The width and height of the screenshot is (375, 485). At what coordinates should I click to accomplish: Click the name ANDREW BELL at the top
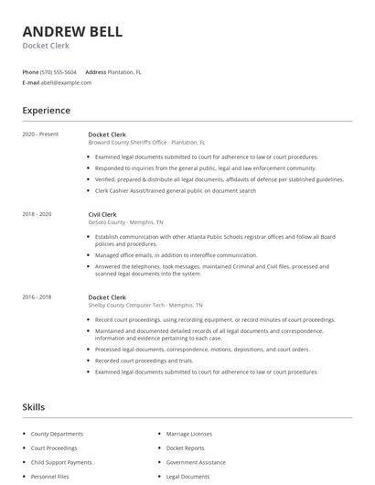pos(72,31)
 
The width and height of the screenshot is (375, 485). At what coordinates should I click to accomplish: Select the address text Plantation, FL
pos(124,71)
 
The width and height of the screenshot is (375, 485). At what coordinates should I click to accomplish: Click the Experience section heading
pos(46,111)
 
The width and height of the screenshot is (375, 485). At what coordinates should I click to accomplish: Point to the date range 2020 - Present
pos(40,135)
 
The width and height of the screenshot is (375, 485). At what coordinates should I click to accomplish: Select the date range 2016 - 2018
pos(37,297)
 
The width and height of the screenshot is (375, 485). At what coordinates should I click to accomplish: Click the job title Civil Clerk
pos(103,214)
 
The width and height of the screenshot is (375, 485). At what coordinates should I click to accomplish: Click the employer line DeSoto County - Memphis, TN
pos(126,222)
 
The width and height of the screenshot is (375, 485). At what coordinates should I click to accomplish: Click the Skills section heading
pos(34,406)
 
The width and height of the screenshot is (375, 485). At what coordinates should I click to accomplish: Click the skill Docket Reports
pos(187,448)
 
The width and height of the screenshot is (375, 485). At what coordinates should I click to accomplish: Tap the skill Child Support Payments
pos(61,462)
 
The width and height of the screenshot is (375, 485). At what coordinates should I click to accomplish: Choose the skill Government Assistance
pos(196,462)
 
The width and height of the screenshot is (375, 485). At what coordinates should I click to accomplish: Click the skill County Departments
pos(57,434)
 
